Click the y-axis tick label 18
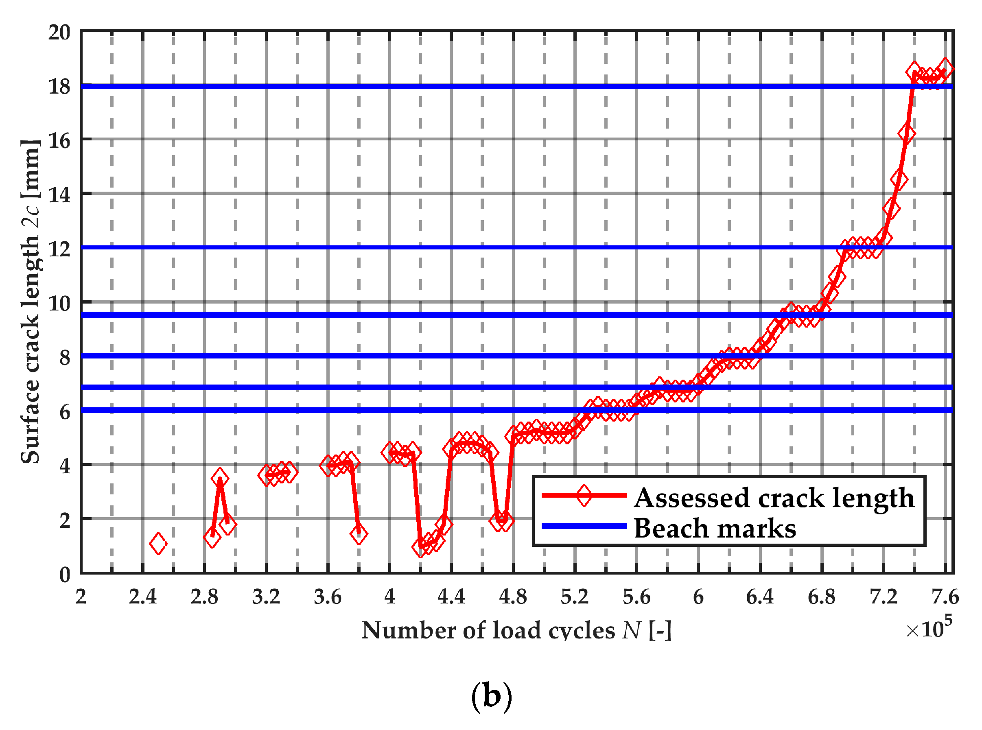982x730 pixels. click(59, 86)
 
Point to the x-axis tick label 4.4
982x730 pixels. click(451, 597)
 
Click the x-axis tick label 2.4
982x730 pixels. click(143, 597)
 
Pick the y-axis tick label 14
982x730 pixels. click(59, 195)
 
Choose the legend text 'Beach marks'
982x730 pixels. click(715, 529)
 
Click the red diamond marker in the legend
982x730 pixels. click(584, 495)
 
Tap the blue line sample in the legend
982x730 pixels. click(584, 526)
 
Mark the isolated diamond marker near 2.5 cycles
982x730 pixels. click(158, 544)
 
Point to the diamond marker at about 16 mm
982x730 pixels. click(906, 134)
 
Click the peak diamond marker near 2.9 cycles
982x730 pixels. click(220, 478)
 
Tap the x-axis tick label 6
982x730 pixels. click(698, 597)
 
